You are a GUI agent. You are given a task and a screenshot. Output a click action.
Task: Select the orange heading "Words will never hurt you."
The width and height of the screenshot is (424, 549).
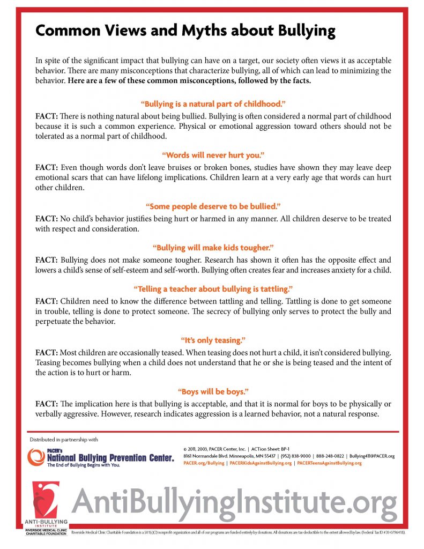[212, 155]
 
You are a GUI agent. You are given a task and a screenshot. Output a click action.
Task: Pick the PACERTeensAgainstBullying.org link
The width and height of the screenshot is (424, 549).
[329, 463]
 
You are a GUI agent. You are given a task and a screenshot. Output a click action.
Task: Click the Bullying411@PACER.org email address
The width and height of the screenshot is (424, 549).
[371, 456]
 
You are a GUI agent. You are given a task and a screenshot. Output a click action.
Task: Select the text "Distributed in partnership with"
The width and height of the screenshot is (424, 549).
[64, 440]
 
